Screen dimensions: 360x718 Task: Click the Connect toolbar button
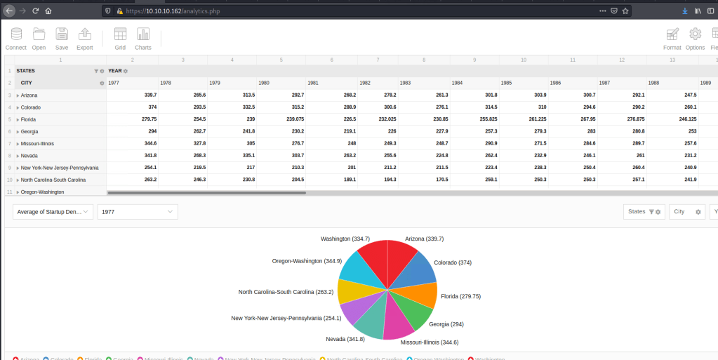point(15,38)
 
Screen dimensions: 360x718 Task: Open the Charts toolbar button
point(143,38)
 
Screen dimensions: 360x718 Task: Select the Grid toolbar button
point(120,38)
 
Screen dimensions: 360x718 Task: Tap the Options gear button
point(695,38)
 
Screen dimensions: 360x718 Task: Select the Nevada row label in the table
point(30,156)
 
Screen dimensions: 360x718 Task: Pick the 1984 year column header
point(457,83)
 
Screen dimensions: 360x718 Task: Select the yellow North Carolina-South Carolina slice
point(349,291)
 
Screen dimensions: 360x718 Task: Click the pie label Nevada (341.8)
point(345,339)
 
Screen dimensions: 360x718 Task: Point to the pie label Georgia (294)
point(446,324)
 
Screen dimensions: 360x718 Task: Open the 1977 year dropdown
point(138,211)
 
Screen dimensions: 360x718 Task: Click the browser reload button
point(34,11)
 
